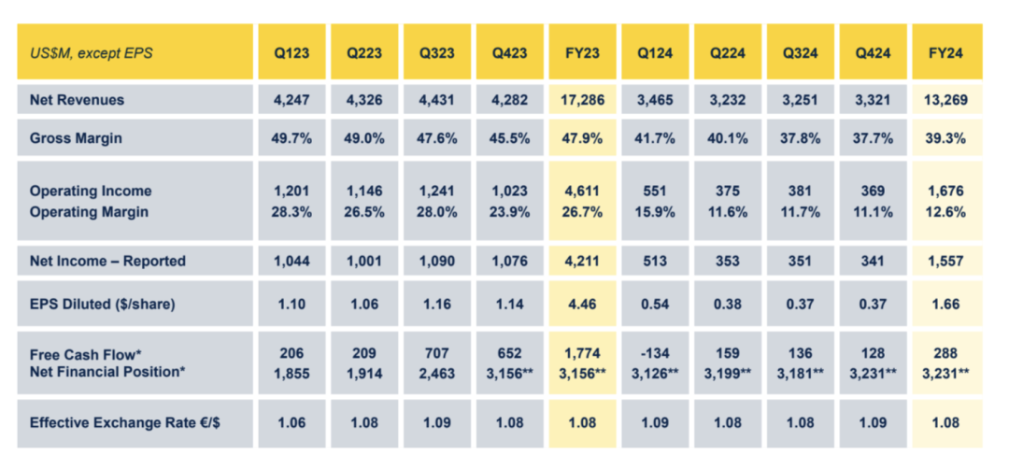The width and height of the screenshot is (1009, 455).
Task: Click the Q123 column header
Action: (290, 53)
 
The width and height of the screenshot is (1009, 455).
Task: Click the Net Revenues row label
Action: (77, 99)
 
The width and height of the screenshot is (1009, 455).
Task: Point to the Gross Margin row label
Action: (76, 138)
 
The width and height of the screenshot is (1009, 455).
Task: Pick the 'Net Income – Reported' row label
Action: (107, 261)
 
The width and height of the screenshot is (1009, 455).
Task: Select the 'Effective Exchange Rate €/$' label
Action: (125, 423)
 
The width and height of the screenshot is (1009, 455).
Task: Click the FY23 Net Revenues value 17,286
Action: (582, 99)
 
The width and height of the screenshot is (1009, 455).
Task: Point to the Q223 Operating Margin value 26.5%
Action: (362, 212)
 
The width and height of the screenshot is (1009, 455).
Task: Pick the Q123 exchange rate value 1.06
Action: (290, 423)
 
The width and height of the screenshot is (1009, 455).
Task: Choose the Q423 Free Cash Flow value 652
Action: (508, 353)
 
